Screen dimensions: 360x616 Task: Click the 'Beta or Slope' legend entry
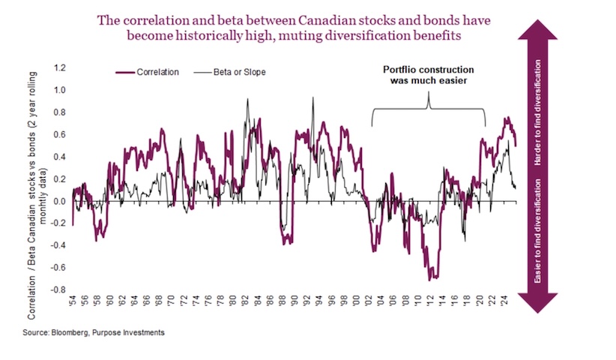point(229,72)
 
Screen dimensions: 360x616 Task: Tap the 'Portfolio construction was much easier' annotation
point(428,76)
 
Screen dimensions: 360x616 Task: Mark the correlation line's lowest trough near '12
point(430,279)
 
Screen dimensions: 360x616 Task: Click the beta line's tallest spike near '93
point(312,98)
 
